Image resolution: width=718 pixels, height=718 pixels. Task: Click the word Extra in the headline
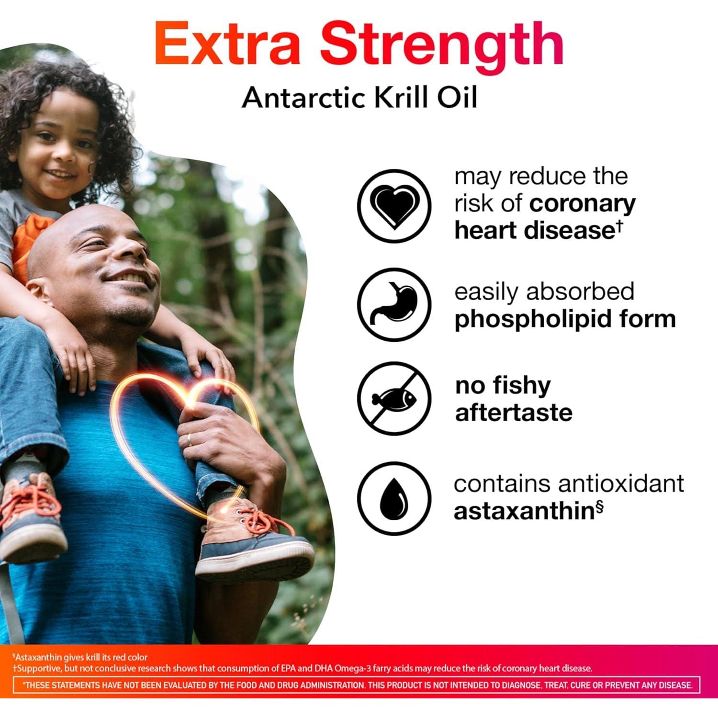227,44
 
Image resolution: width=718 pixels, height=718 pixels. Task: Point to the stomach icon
394,304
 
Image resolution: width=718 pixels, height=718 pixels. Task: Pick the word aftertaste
514,413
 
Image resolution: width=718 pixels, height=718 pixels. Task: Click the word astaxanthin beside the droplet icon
524,511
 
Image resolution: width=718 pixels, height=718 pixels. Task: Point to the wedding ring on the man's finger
190,439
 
